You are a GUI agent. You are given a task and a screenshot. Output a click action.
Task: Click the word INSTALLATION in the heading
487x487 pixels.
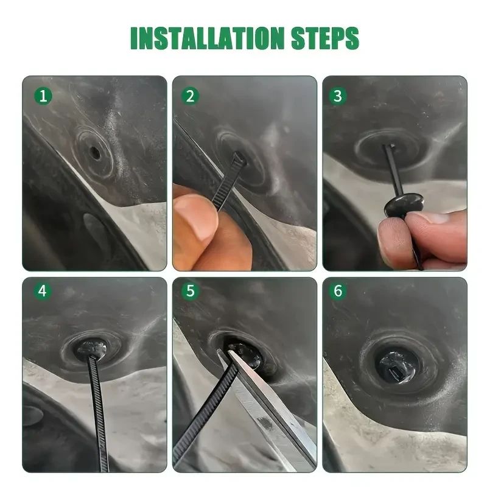tap(207, 38)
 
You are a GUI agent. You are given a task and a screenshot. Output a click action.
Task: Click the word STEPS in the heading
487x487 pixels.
tap(325, 38)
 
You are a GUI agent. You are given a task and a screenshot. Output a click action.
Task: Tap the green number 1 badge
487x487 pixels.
tap(43, 96)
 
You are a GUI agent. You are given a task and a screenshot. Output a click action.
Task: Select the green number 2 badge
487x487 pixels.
tap(190, 96)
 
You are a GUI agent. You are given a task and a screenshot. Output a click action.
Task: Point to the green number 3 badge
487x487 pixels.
tap(338, 96)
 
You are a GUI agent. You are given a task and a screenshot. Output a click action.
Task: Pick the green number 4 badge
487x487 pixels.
tap(43, 292)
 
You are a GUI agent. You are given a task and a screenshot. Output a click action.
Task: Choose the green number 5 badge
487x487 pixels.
tap(190, 292)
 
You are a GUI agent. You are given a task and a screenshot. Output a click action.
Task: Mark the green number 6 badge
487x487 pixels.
tap(338, 292)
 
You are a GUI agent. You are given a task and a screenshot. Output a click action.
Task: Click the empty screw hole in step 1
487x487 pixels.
tap(94, 153)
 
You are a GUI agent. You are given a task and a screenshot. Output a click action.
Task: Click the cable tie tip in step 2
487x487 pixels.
tap(240, 158)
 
